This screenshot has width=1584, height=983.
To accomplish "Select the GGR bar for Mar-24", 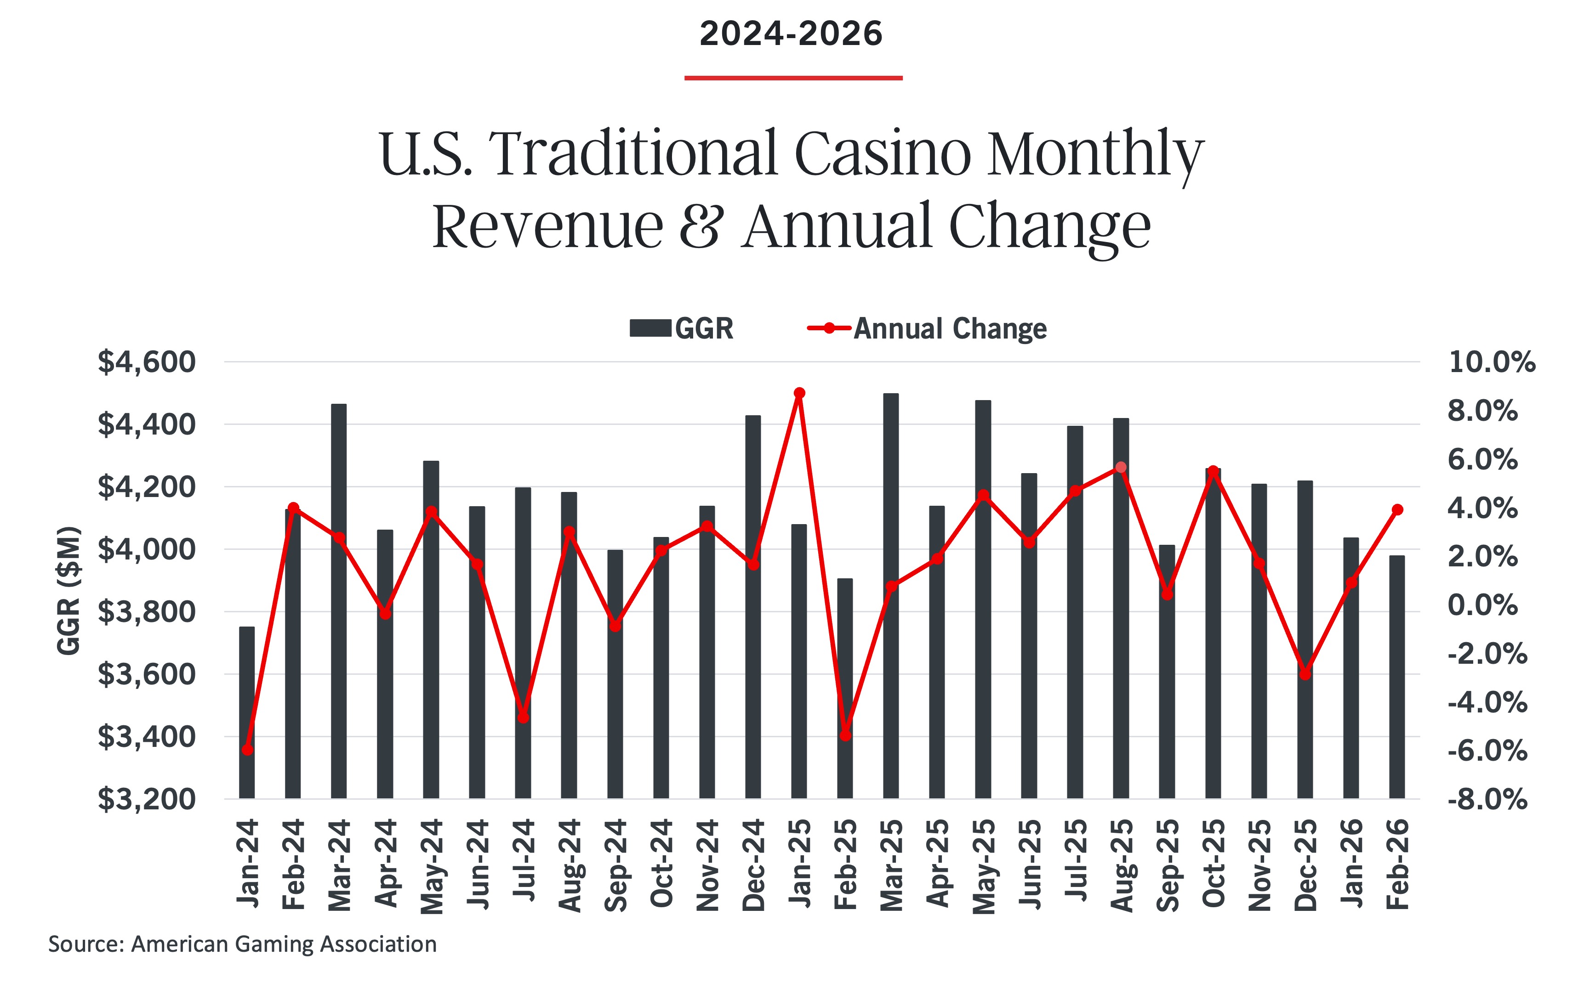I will pyautogui.click(x=339, y=601).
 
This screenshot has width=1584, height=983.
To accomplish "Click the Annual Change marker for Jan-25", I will pyautogui.click(x=799, y=393).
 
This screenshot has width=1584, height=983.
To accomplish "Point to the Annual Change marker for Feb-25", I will pyautogui.click(x=845, y=735).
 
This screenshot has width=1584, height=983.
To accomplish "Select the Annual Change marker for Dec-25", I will pyautogui.click(x=1305, y=674).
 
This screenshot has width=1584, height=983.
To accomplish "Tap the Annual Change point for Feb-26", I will pyautogui.click(x=1397, y=510).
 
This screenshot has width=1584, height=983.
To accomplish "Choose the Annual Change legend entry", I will pyautogui.click(x=927, y=328).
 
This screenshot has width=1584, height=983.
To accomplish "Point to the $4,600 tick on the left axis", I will pyautogui.click(x=146, y=362).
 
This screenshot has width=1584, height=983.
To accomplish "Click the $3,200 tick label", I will pyautogui.click(x=146, y=799).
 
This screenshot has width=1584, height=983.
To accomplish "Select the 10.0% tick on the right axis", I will pyautogui.click(x=1491, y=362).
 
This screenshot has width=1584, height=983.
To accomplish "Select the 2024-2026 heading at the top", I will pyautogui.click(x=791, y=34).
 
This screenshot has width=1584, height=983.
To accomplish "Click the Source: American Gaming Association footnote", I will pyautogui.click(x=242, y=944).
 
